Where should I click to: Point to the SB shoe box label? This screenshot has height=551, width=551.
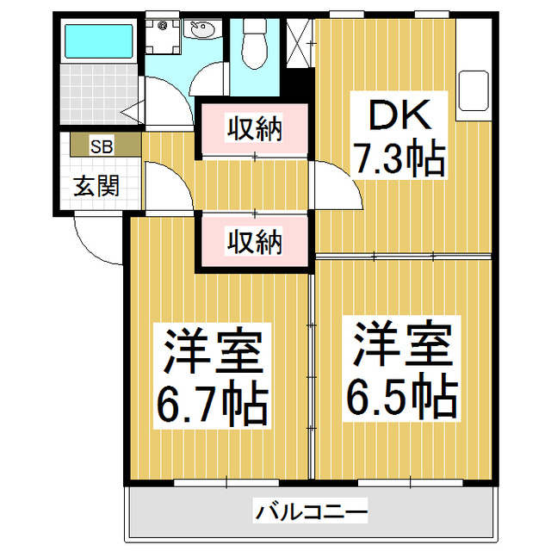(x=102, y=145)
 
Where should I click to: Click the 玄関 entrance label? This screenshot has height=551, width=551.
(x=95, y=185)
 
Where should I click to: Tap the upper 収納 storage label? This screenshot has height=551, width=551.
(x=254, y=129)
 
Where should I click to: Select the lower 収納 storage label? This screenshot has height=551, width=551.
(x=254, y=242)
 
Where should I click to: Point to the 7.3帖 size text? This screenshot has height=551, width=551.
(x=398, y=158)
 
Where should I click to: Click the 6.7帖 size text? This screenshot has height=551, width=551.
(x=210, y=401)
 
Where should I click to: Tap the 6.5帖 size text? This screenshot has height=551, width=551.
(x=401, y=395)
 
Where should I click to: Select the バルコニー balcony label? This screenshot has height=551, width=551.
(x=311, y=513)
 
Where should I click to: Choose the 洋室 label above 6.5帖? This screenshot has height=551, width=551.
(x=401, y=344)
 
